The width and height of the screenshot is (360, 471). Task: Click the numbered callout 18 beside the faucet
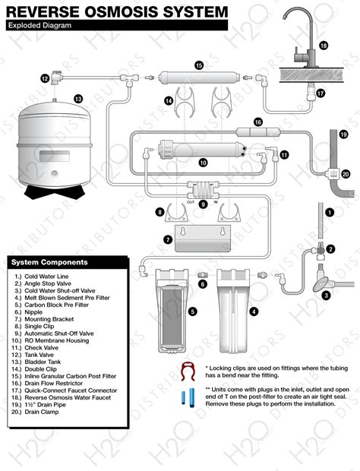324,46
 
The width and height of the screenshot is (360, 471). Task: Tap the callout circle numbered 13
78,99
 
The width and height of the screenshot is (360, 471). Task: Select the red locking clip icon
188,371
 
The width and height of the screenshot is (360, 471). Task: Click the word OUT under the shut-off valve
191,202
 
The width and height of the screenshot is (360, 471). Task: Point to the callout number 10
204,163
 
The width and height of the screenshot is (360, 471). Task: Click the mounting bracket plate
203,239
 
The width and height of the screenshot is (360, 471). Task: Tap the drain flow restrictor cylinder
258,131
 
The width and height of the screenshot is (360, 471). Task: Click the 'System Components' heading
49,262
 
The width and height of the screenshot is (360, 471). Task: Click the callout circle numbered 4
254,311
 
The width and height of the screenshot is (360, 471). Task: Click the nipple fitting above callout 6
203,274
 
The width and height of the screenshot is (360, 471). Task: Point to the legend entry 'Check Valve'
42,347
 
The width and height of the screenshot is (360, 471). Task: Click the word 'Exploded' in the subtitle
21,25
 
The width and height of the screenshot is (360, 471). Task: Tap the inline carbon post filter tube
199,77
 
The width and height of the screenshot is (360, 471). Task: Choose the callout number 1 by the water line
330,213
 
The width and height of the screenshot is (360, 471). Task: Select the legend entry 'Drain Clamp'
42,412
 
